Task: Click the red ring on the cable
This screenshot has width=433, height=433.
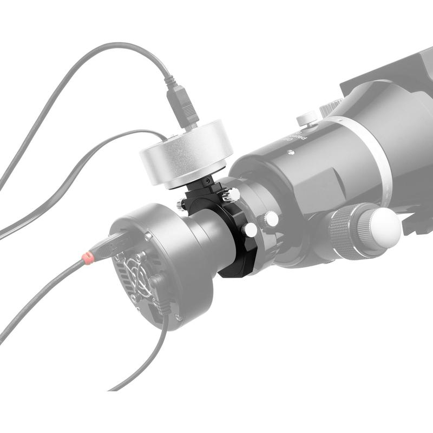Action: click(x=87, y=257)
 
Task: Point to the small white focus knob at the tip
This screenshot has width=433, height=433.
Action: click(x=385, y=228)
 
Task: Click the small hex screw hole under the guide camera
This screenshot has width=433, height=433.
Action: click(x=208, y=180)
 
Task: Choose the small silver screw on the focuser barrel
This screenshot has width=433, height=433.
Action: click(x=292, y=153)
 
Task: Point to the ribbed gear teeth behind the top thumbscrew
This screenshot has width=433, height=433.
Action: click(x=331, y=107)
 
